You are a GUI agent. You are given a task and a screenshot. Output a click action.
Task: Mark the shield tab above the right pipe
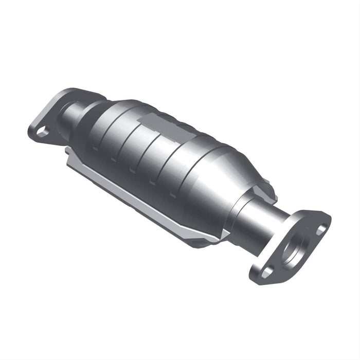265,190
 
